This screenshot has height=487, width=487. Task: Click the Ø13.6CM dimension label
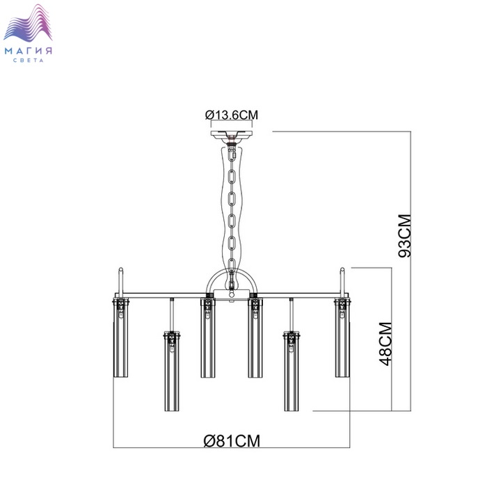click(232, 115)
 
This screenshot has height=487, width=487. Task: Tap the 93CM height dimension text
click(405, 236)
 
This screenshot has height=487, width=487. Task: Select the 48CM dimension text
click(385, 344)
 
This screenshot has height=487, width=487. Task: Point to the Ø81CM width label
click(232, 440)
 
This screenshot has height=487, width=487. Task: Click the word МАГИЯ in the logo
click(29, 51)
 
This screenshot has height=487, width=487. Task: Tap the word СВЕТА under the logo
click(29, 61)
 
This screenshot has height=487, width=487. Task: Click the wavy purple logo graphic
click(28, 22)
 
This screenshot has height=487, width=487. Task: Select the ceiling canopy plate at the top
click(232, 134)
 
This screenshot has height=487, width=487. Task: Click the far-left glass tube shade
click(120, 338)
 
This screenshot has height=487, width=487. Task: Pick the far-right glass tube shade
click(342, 338)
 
